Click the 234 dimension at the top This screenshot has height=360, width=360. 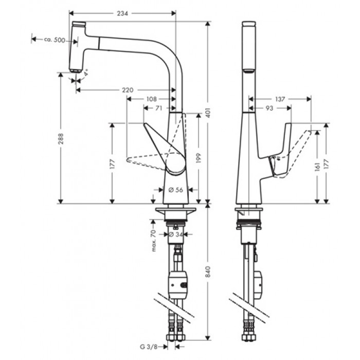point(122,14)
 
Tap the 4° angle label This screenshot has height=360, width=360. point(86,74)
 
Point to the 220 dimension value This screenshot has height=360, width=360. point(128,90)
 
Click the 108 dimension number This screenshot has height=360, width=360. point(151,99)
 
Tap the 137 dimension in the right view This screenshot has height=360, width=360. point(280,98)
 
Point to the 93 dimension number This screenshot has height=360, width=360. point(269,108)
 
